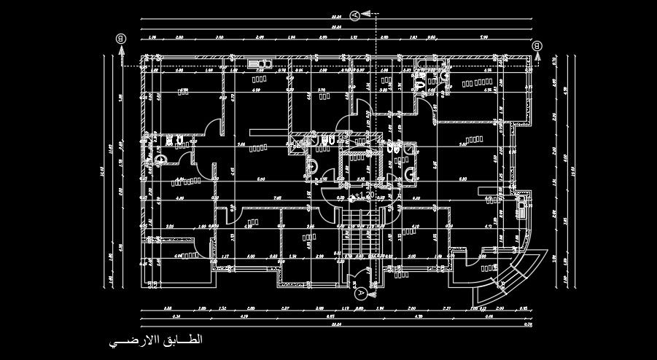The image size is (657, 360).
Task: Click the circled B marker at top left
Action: click(121, 39)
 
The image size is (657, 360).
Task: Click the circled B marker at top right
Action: click(537, 46)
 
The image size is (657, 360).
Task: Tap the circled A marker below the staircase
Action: click(360, 293)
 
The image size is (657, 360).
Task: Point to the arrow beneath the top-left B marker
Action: click(121, 51)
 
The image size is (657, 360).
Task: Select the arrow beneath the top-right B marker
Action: click(537, 58)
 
